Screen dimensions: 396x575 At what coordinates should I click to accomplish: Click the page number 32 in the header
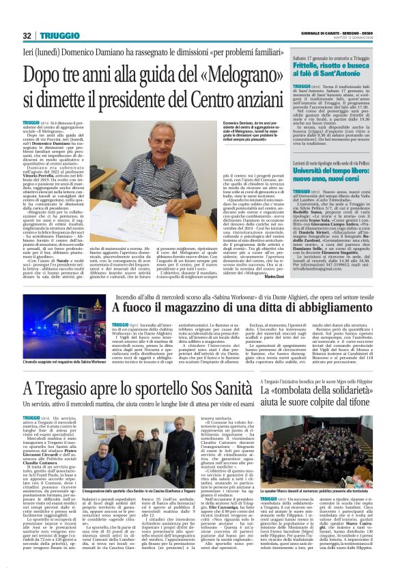[27, 36]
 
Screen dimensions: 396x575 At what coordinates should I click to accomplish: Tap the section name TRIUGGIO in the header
[60, 36]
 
